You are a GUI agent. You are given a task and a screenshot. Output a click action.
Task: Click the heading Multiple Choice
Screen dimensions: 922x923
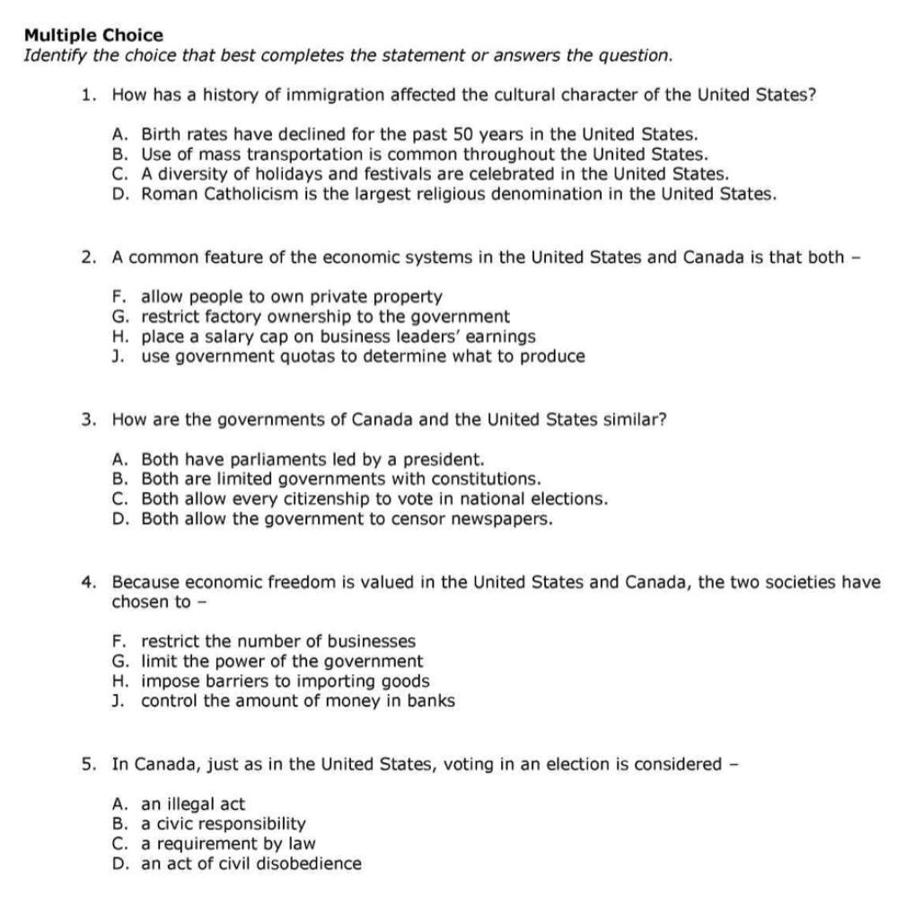pos(93,35)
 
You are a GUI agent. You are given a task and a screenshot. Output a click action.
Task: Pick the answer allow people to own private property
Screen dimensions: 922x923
pos(291,296)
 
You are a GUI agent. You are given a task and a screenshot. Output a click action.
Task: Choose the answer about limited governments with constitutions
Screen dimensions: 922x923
pos(340,479)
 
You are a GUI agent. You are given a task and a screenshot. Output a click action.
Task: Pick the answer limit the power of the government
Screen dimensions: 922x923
pos(281,662)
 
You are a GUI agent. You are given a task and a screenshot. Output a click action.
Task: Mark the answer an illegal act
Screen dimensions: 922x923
pos(192,803)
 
